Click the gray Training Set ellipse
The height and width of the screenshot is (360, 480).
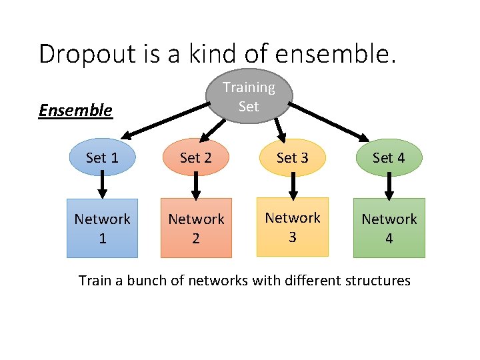point(248,97)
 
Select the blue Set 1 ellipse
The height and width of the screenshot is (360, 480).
point(102,157)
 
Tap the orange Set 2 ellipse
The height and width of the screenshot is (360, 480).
point(195,157)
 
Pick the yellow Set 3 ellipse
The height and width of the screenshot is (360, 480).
point(293,157)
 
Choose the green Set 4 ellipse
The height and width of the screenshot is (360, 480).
point(389,157)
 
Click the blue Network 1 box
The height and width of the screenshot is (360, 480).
point(102,228)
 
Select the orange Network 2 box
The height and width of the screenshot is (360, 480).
point(196,228)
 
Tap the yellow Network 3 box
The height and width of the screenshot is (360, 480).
point(293,227)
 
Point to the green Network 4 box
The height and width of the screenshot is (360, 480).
point(389,228)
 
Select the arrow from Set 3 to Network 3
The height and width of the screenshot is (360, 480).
point(292,186)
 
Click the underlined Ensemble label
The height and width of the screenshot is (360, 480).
point(75,110)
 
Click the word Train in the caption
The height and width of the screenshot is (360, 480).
point(94,280)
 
